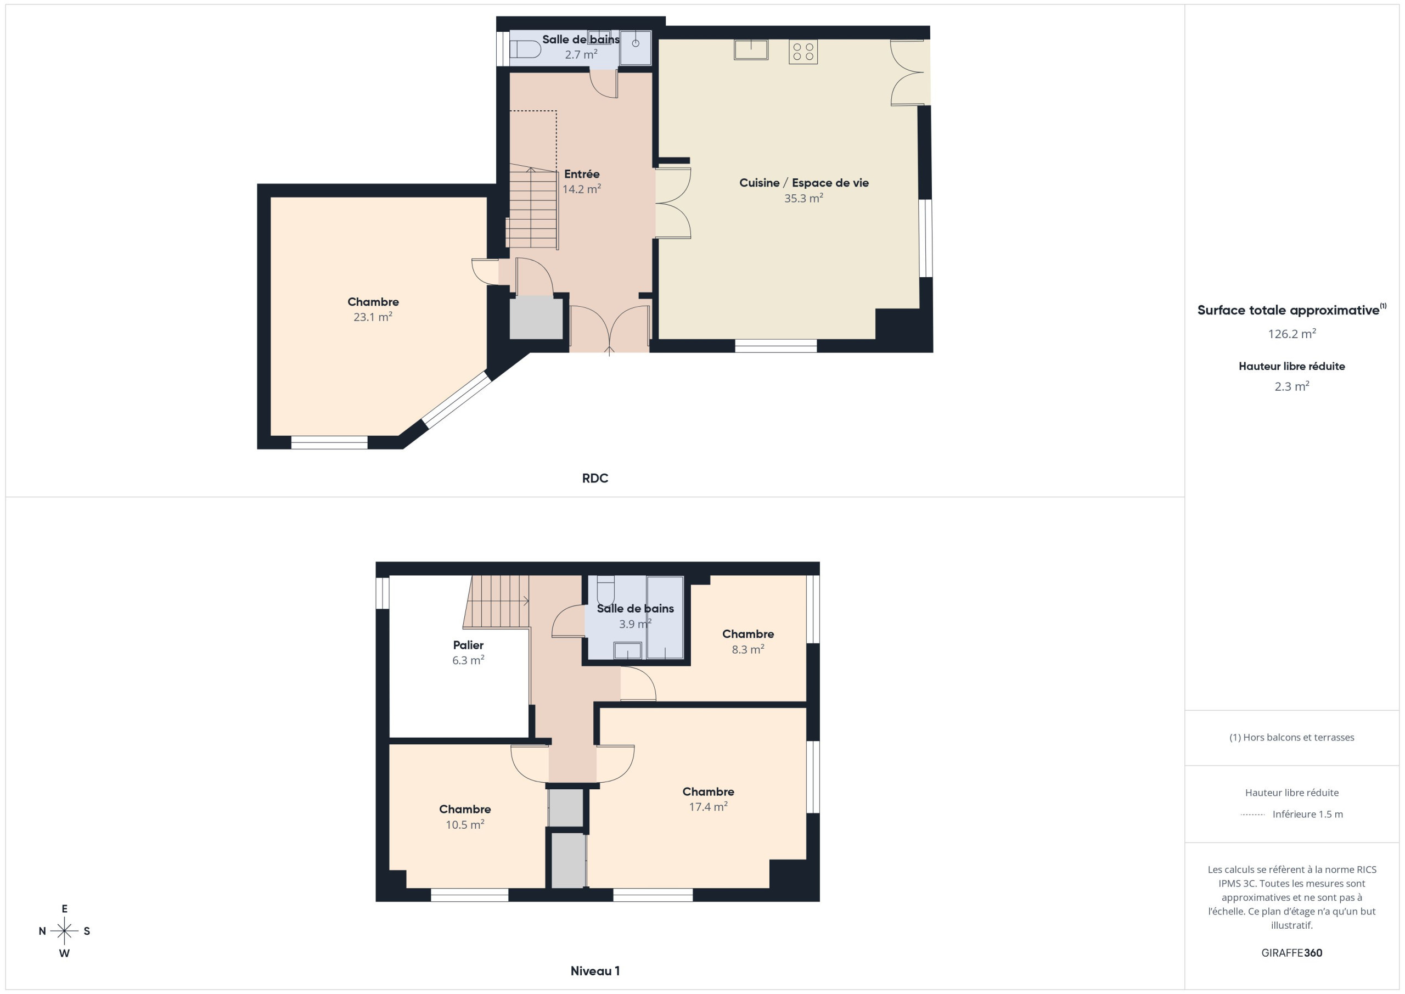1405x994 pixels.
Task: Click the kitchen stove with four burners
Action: (803, 52)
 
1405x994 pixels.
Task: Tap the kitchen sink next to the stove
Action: (751, 49)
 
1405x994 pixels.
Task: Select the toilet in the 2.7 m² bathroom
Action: (525, 49)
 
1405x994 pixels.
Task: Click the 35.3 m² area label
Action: (803, 198)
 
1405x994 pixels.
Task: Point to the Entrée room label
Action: (581, 174)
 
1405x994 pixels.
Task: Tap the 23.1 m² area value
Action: (373, 317)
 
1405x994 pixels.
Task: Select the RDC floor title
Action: (595, 478)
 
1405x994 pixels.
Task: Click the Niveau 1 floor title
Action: (595, 971)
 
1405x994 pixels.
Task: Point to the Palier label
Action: (468, 644)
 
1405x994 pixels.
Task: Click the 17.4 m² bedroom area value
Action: (708, 807)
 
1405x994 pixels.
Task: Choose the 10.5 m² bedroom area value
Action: (464, 824)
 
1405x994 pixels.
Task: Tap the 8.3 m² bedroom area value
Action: (748, 649)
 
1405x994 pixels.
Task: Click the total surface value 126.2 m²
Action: (1292, 334)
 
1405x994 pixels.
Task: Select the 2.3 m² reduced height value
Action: (1292, 386)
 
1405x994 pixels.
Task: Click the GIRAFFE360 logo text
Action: (1292, 953)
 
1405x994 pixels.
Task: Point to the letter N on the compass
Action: (42, 931)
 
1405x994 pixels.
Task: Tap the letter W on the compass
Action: (64, 953)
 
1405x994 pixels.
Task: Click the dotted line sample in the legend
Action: (1252, 815)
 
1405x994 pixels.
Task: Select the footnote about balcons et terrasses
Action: (1292, 738)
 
